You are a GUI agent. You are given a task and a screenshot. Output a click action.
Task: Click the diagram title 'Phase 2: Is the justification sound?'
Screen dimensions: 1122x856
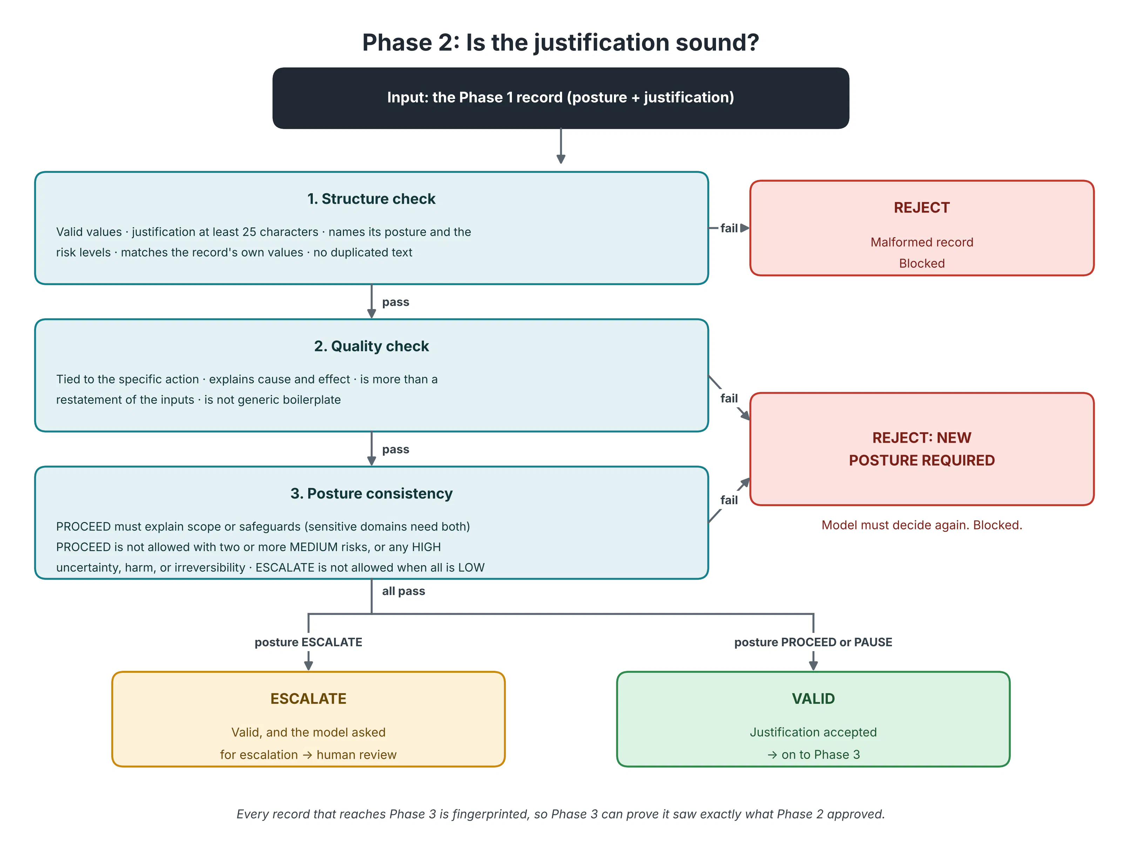click(560, 42)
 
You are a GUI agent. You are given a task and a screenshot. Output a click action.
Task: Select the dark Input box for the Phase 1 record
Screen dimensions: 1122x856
click(560, 98)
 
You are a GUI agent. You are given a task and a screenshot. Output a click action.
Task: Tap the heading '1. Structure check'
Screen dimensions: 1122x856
click(371, 199)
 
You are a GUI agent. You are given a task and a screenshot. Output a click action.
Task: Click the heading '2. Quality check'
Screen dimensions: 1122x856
click(371, 346)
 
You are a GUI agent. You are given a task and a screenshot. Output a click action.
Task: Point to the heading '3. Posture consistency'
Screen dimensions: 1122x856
click(371, 493)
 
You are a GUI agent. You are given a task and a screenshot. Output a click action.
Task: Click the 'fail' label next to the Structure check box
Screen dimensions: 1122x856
click(729, 228)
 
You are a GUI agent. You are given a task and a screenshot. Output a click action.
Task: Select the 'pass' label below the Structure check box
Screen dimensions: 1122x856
click(396, 302)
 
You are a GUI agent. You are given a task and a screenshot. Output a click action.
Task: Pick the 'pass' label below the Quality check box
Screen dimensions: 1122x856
click(396, 449)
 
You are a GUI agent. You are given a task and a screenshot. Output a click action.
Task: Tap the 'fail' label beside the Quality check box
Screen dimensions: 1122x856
click(729, 399)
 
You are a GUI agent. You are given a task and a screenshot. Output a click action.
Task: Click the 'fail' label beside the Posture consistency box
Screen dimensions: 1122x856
click(729, 500)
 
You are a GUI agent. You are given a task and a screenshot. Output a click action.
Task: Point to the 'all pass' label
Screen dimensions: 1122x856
click(403, 591)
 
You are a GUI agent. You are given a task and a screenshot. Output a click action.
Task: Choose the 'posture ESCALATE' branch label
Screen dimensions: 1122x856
click(308, 642)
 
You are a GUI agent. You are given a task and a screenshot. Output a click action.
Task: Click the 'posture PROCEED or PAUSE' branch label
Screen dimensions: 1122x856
click(813, 642)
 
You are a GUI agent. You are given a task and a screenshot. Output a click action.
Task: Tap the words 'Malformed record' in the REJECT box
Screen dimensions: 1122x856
click(921, 242)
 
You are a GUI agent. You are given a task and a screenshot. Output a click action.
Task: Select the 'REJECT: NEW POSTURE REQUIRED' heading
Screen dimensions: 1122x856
click(921, 449)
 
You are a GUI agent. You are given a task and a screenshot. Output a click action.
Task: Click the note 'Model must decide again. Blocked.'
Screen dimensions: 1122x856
click(921, 525)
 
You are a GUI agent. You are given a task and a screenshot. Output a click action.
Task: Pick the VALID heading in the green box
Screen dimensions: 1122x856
click(813, 698)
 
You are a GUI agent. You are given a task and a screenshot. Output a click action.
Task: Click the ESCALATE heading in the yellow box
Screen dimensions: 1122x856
click(308, 698)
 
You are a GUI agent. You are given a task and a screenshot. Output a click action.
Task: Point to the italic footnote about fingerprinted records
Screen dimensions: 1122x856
click(560, 814)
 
